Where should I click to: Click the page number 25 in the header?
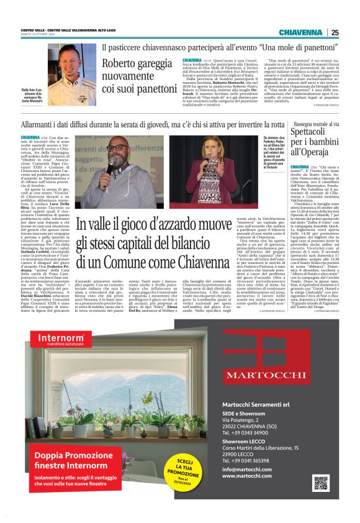pyautogui.click(x=334, y=32)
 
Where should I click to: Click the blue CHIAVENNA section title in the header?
pyautogui.click(x=300, y=32)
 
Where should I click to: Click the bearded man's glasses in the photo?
pyautogui.click(x=117, y=148)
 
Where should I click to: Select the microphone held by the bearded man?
pyautogui.click(x=110, y=166)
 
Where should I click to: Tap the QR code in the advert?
pyautogui.click(x=321, y=483)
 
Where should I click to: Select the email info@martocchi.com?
pyautogui.click(x=246, y=469)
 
